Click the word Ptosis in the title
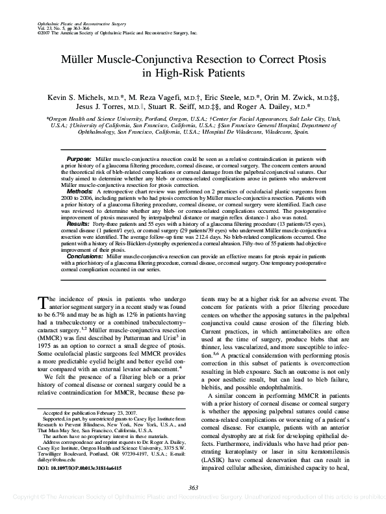coord(307,59)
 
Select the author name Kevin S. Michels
coord(77,97)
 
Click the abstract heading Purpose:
coord(79,159)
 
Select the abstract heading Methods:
coord(80,193)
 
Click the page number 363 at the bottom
coord(192,487)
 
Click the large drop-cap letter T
coord(44,301)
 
